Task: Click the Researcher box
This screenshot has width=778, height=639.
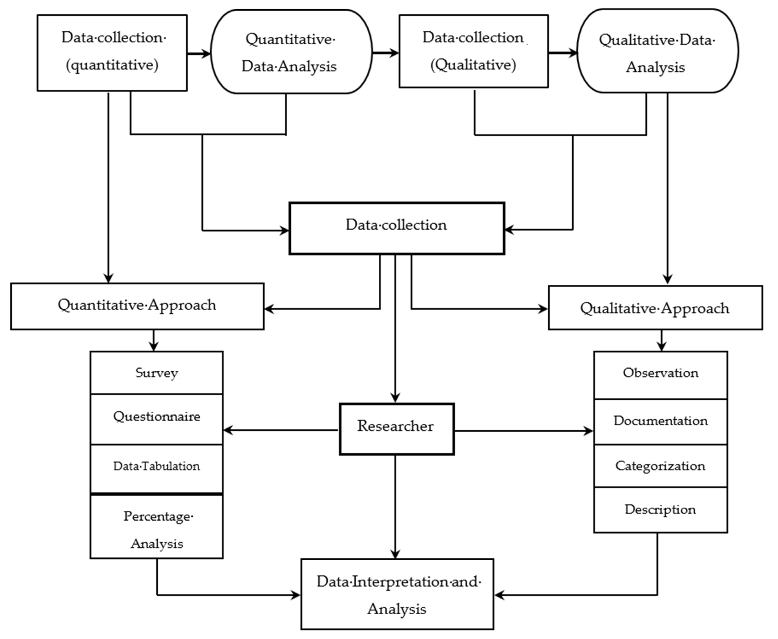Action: coord(396,429)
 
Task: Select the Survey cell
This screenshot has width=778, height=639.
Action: coord(157,373)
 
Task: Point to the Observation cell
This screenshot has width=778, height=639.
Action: coord(660,375)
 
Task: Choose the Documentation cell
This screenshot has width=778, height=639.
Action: coord(660,422)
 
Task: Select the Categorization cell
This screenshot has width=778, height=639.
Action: coord(660,466)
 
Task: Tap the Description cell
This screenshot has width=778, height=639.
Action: coord(660,510)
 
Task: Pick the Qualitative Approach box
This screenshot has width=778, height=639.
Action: coord(655,308)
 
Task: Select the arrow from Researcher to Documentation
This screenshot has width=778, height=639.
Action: coord(523,431)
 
